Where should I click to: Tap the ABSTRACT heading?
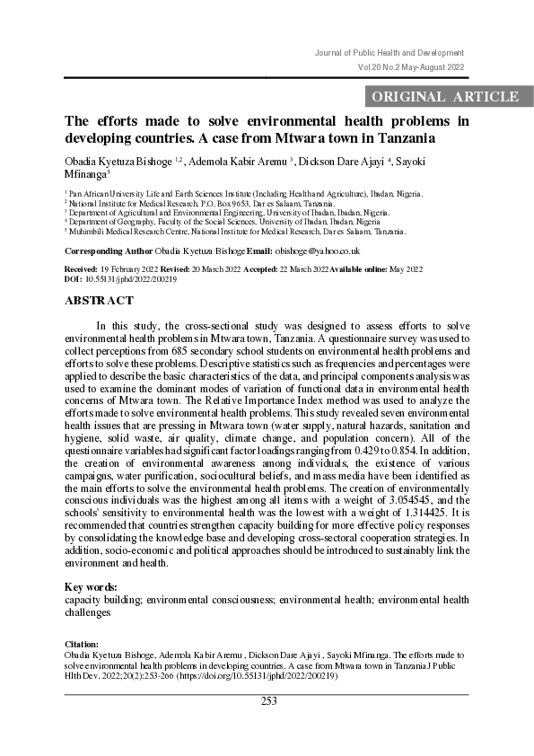[x=99, y=301]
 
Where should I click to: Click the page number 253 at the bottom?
[x=268, y=701]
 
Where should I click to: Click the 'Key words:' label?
[x=92, y=587]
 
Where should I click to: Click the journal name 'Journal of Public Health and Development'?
[x=390, y=53]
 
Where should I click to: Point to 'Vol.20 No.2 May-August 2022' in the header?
[x=410, y=67]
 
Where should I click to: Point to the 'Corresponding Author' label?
[x=109, y=251]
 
